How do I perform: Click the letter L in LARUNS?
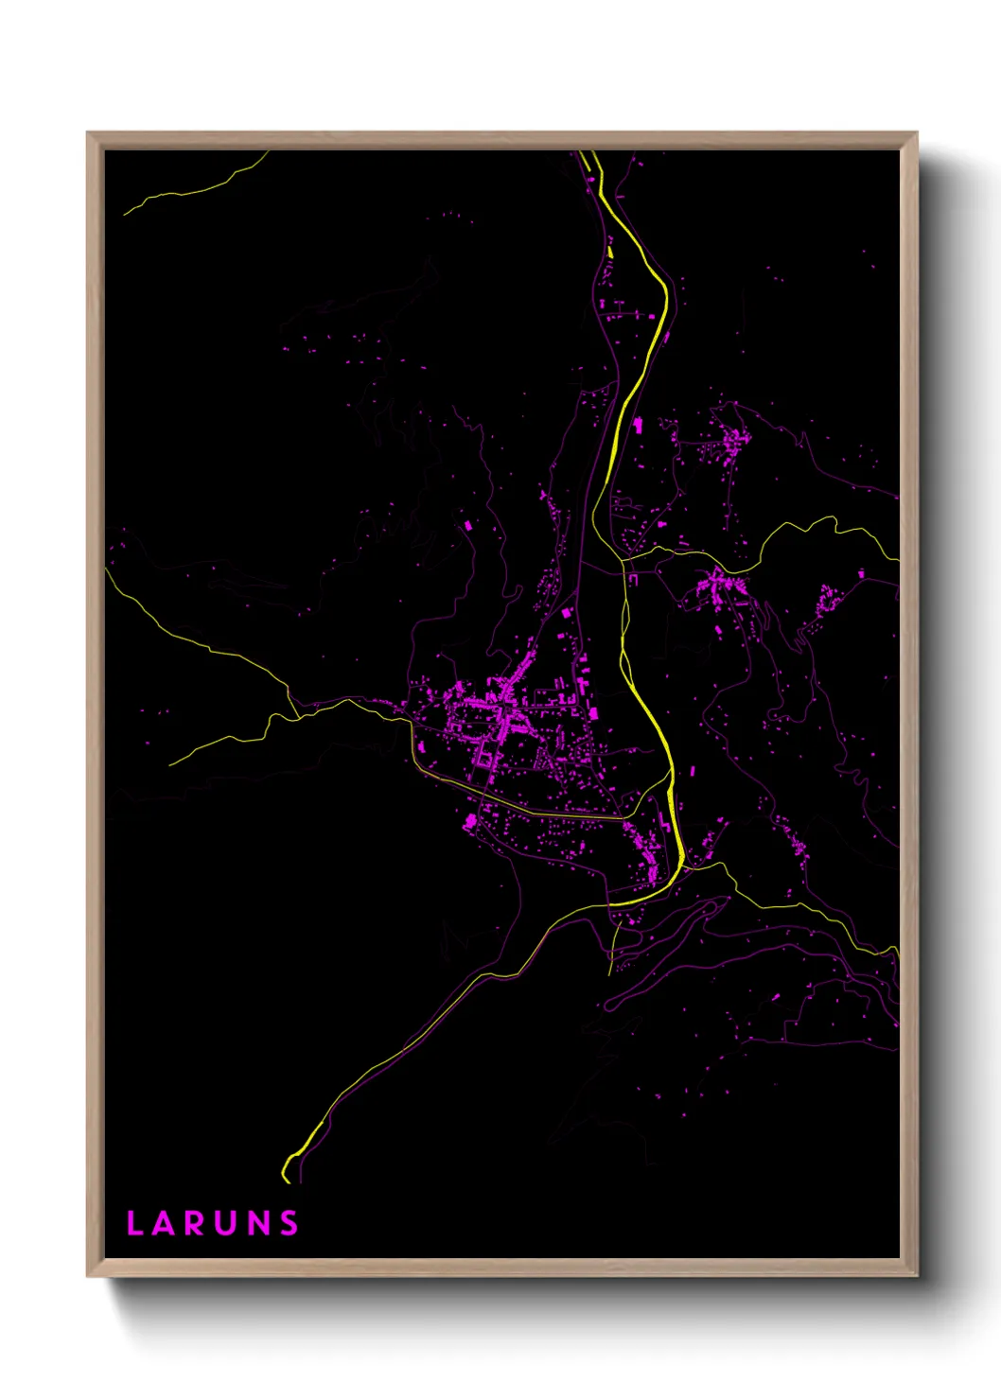pyautogui.click(x=133, y=1223)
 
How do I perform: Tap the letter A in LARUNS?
pyautogui.click(x=166, y=1223)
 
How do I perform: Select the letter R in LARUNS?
pyautogui.click(x=196, y=1223)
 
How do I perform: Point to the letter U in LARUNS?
pyautogui.click(x=227, y=1223)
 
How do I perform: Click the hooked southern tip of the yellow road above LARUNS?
pyautogui.click(x=286, y=1177)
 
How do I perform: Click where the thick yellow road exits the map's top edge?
pyautogui.click(x=586, y=153)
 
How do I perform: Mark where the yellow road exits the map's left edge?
pyautogui.click(x=107, y=570)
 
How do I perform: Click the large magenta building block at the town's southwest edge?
pyautogui.click(x=470, y=821)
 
